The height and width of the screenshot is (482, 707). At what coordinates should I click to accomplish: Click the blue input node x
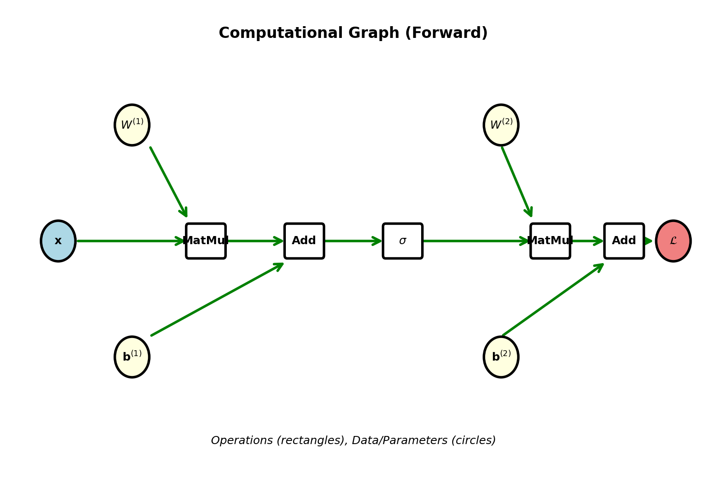58,241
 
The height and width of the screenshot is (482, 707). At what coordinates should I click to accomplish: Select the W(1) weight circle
132,125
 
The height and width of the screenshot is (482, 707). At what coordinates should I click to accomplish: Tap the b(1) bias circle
132,357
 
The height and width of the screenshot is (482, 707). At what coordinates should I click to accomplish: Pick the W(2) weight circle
501,125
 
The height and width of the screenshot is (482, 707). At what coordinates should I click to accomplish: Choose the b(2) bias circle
501,357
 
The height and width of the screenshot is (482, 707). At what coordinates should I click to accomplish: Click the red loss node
673,241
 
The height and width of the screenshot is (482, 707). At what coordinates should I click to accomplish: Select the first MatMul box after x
206,241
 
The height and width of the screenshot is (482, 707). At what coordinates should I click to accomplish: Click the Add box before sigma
304,241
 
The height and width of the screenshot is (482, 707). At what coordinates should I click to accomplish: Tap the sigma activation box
403,241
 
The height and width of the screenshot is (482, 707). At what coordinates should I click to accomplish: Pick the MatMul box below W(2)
550,241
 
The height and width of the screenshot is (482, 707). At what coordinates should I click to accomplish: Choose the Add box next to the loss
624,241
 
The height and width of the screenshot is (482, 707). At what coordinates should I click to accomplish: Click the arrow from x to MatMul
129,241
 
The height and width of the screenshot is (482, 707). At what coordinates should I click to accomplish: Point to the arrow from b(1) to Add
216,300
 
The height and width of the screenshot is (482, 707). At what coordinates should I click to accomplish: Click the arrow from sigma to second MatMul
476,241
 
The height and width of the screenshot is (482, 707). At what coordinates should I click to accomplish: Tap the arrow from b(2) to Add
552,300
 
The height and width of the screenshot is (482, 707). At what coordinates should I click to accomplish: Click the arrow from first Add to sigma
353,241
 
